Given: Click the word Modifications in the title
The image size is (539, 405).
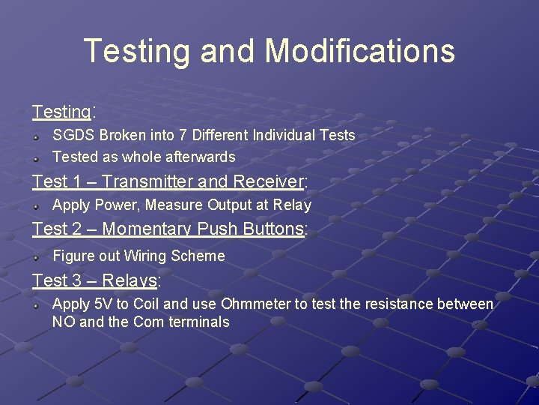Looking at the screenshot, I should click(x=359, y=51).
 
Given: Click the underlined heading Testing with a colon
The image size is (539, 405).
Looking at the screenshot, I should click(x=61, y=112).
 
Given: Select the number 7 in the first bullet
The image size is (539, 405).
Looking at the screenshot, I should click(x=184, y=136).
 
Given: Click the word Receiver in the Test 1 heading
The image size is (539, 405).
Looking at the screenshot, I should click(x=266, y=181).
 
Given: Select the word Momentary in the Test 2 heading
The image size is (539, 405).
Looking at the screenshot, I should click(x=147, y=229).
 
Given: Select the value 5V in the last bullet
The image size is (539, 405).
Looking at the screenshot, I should click(x=103, y=304).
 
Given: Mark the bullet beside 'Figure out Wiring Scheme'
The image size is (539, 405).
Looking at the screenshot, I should click(x=36, y=256).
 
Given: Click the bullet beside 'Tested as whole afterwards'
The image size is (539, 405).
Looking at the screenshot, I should click(x=36, y=157).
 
